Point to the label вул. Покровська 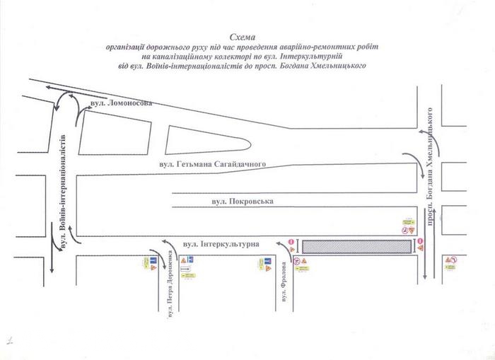point(242,202)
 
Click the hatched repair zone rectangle point(356,246)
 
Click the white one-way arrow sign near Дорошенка point(186,269)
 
